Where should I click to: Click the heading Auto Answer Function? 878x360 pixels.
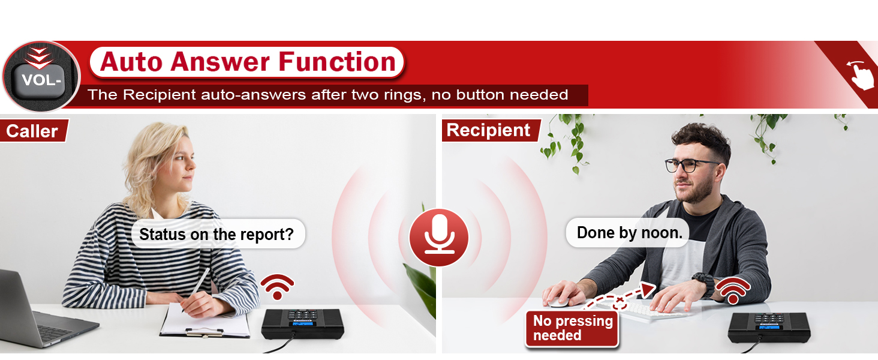[x=247, y=62]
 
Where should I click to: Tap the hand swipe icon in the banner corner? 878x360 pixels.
[x=861, y=74]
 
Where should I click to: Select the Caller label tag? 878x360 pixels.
[x=33, y=131]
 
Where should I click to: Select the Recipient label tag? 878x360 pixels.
[x=489, y=130]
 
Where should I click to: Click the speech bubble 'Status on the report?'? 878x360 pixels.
[x=217, y=234]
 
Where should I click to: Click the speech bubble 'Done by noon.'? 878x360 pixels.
[x=629, y=233]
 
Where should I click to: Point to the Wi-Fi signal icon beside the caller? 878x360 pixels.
[x=276, y=287]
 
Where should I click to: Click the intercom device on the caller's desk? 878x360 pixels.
[x=301, y=323]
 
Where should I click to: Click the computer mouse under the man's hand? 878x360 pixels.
[x=558, y=302]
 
